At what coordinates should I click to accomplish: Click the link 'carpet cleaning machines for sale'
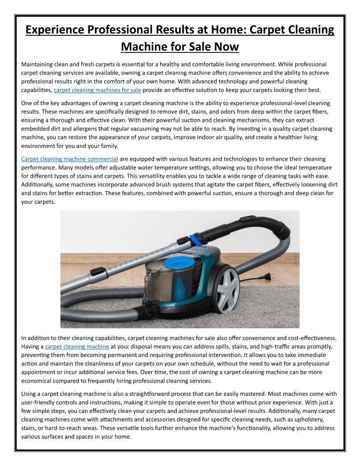97,90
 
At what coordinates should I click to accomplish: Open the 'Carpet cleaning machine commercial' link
70,159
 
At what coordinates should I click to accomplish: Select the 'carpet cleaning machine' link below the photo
77,346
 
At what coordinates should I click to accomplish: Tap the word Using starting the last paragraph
30,394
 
